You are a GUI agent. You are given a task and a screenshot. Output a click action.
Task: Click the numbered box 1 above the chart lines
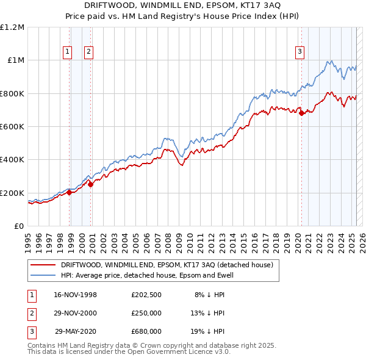click(66, 52)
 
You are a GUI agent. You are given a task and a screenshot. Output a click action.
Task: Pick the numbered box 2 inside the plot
click(88, 52)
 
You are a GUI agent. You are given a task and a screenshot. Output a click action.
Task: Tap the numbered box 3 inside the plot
click(300, 52)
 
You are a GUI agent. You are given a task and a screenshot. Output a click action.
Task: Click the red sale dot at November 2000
click(91, 185)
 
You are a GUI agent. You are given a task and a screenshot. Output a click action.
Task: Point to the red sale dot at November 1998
click(69, 193)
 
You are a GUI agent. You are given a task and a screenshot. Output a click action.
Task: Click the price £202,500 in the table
click(146, 294)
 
